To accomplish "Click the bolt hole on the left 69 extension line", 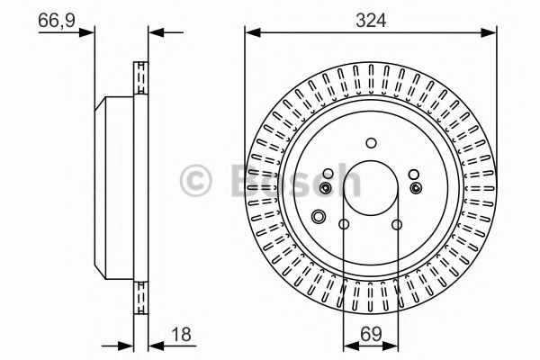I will click(344, 225).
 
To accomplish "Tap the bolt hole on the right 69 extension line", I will click(397, 225).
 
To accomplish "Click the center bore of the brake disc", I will click(371, 187).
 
